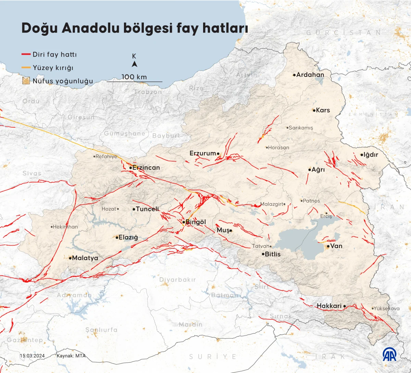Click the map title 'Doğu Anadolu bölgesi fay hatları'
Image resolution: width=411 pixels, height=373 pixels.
pos(134,28)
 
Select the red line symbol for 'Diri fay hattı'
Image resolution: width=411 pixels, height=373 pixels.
pos(26,54)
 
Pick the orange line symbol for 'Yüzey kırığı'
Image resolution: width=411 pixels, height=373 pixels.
pos(26,68)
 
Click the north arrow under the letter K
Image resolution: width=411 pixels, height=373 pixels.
pos(135,64)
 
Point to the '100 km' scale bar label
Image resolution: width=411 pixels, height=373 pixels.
pos(134,77)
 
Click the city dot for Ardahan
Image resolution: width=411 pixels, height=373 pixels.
pos(294,75)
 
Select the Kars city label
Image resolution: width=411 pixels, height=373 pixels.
pos(323,110)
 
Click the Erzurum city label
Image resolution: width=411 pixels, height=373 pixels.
pos(203,153)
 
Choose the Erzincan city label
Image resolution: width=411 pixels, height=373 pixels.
pos(146,168)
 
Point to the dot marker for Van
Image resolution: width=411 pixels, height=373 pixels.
pos(328,246)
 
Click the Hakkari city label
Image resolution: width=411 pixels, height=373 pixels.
pos(329,306)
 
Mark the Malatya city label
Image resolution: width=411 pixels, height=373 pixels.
pos(85,258)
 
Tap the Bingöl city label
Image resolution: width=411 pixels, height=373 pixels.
pos(196,222)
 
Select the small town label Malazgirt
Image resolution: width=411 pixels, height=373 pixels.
pos(272,204)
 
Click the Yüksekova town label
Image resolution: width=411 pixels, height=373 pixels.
pos(387,308)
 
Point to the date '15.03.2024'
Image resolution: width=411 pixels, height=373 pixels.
pos(32,356)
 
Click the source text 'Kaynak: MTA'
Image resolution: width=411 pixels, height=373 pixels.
pos(71,356)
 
